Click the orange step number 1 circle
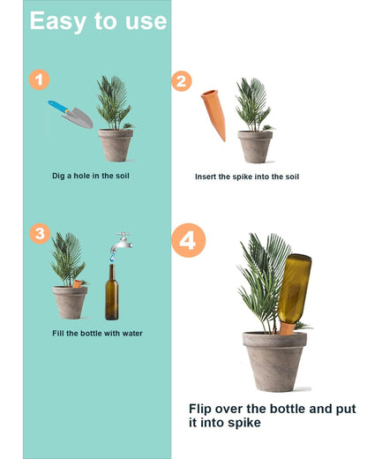(x=38, y=80)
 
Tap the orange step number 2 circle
(x=181, y=81)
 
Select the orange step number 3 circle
(x=40, y=234)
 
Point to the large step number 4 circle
(x=190, y=240)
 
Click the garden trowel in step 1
(x=72, y=113)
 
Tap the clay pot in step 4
(x=274, y=359)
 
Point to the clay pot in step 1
(x=115, y=145)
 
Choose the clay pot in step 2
(x=255, y=147)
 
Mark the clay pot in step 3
(x=71, y=301)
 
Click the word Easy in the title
(x=60, y=21)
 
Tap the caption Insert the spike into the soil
(x=247, y=177)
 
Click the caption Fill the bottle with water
(x=97, y=333)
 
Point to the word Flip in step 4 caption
(x=207, y=409)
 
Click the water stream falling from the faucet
(x=112, y=256)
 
